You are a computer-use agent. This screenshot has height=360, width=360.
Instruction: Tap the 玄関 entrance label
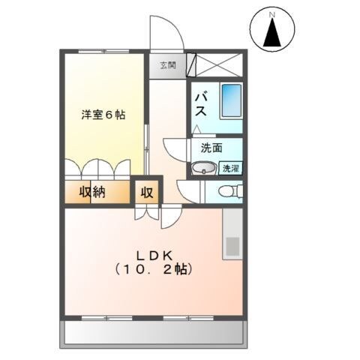(x=166, y=64)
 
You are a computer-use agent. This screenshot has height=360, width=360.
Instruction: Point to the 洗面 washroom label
(x=211, y=148)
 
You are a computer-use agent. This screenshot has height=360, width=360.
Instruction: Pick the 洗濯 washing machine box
(x=230, y=169)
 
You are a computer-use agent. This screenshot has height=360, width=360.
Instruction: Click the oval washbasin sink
(x=201, y=168)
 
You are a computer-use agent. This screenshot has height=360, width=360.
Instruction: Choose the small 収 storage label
(x=146, y=192)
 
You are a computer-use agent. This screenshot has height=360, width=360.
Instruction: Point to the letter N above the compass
(x=271, y=13)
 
